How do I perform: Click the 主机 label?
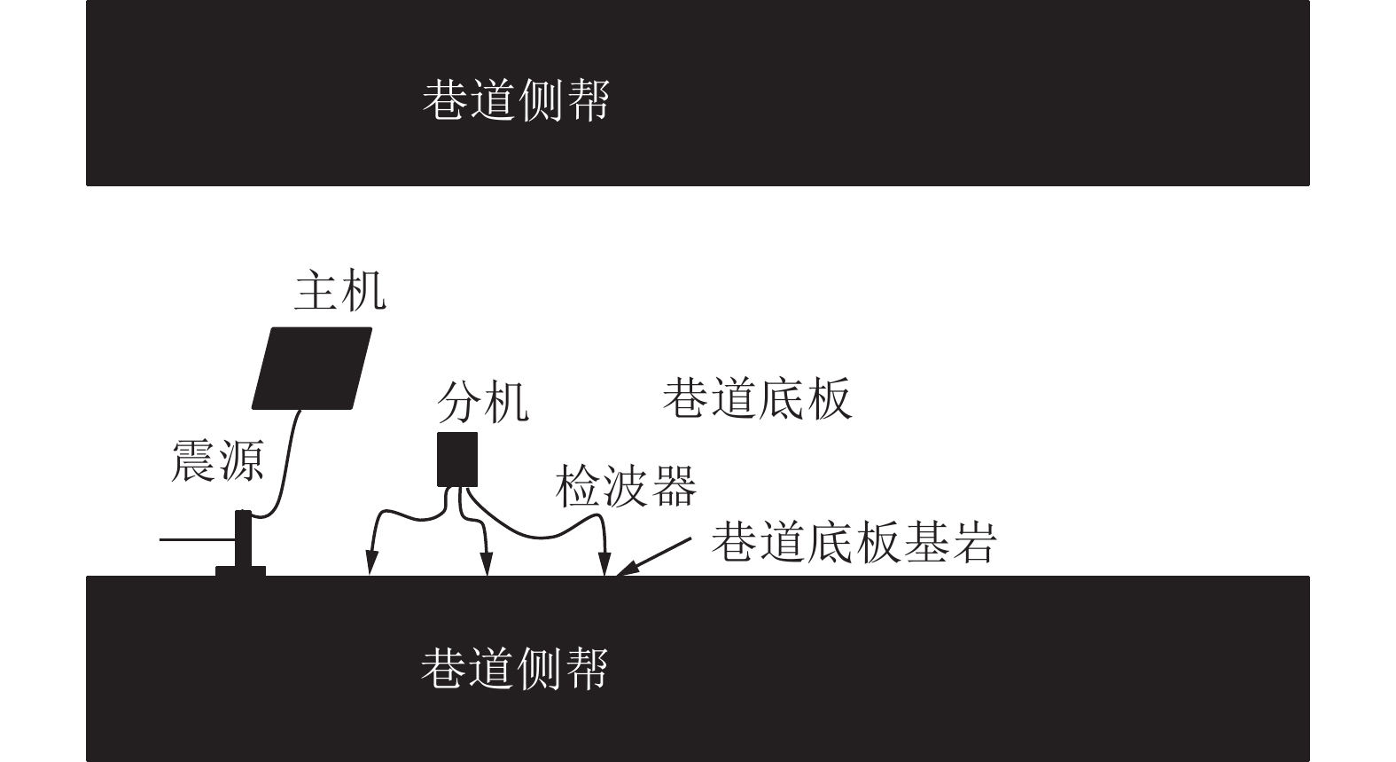[x=340, y=291]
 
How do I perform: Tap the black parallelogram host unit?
[x=312, y=368]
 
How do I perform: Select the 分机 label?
[x=483, y=403]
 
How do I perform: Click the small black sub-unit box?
[x=457, y=460]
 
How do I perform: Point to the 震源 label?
[x=217, y=460]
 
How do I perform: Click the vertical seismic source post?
[x=243, y=538]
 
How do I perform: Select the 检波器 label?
[x=626, y=486]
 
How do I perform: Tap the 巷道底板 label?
[x=757, y=398]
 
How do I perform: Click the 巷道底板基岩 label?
[x=854, y=542]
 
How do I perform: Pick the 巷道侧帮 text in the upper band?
[x=516, y=99]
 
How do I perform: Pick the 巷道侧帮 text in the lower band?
[x=515, y=668]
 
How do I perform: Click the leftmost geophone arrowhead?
[x=371, y=562]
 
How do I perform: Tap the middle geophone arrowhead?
[x=487, y=563]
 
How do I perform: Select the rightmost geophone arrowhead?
[x=604, y=563]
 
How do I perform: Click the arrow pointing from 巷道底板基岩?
[x=653, y=557]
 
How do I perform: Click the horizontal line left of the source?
[x=198, y=539]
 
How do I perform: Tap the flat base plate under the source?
[x=240, y=571]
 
